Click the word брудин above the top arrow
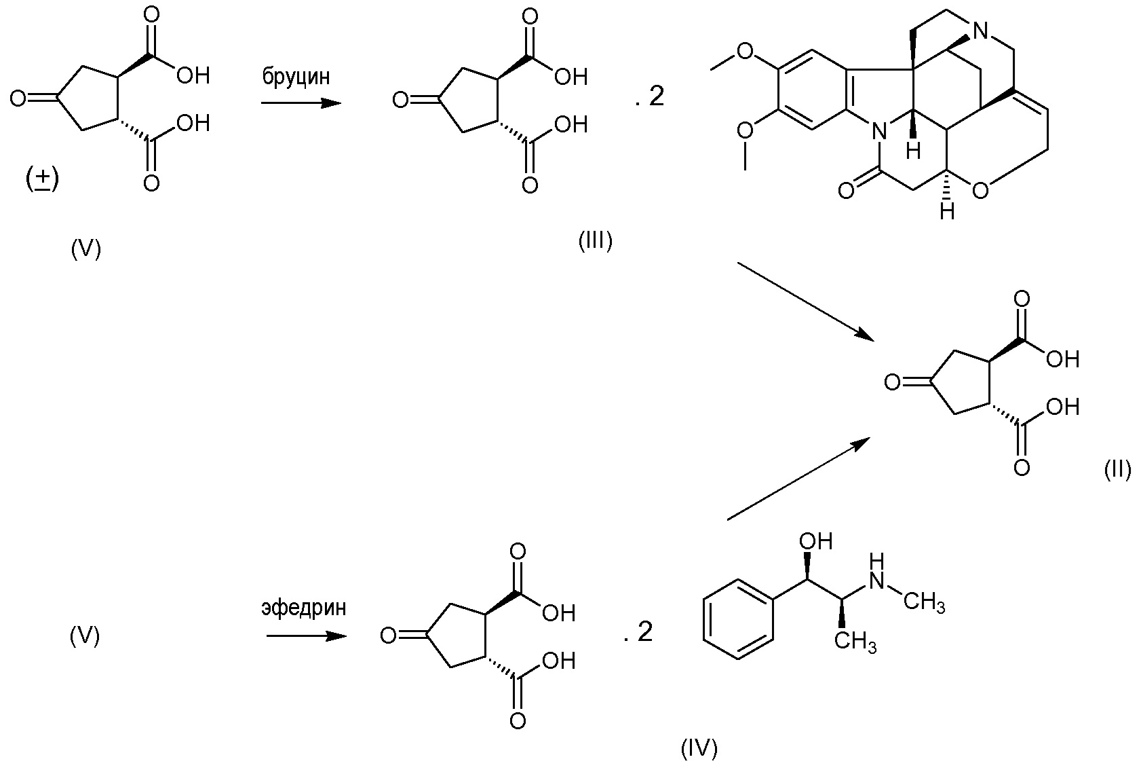(x=296, y=77)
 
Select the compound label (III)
(x=595, y=241)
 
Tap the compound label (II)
(x=1117, y=469)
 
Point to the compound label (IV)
(x=699, y=748)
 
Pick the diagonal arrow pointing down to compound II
(x=805, y=299)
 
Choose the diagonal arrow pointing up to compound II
(x=798, y=479)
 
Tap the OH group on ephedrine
(x=815, y=541)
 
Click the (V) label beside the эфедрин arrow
(x=85, y=636)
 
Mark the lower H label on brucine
(x=948, y=212)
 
